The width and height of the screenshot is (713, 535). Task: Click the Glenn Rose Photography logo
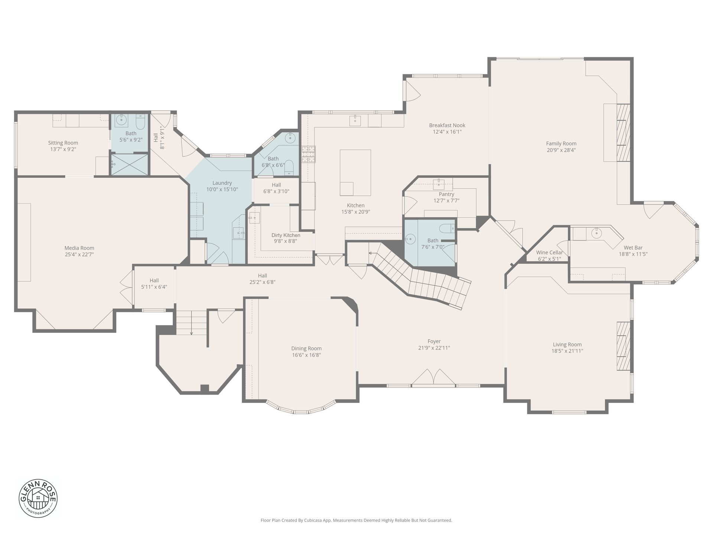click(x=38, y=498)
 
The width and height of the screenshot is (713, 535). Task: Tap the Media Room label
click(x=79, y=248)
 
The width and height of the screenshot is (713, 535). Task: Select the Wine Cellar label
click(x=549, y=253)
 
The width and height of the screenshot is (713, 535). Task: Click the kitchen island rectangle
click(x=355, y=172)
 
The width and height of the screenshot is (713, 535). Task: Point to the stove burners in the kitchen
click(x=308, y=155)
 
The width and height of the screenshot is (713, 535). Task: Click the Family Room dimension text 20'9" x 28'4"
click(x=561, y=150)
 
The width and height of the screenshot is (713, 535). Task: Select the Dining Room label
click(x=306, y=348)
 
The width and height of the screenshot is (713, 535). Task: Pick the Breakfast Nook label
click(x=447, y=126)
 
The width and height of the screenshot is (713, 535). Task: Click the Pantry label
click(x=446, y=194)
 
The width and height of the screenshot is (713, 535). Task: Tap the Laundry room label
click(x=222, y=183)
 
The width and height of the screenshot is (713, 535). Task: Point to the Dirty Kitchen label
click(x=286, y=235)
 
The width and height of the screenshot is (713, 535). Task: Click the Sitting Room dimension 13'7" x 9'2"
click(x=63, y=149)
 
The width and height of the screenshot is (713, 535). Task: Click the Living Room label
click(x=567, y=344)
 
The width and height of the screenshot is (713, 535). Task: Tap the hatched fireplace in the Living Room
click(x=624, y=346)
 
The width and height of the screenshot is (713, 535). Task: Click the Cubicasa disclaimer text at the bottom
click(x=356, y=521)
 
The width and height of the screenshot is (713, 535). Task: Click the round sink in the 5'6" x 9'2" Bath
click(x=121, y=121)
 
